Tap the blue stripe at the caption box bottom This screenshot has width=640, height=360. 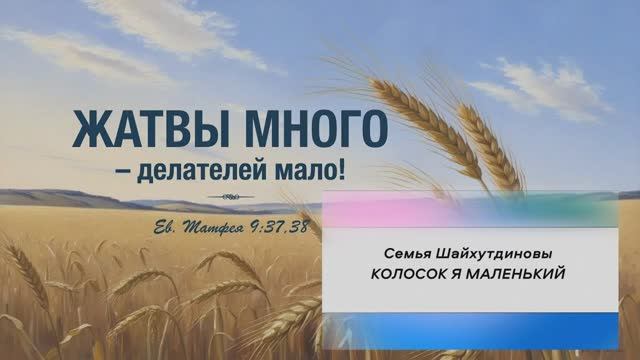tap(470, 326)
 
